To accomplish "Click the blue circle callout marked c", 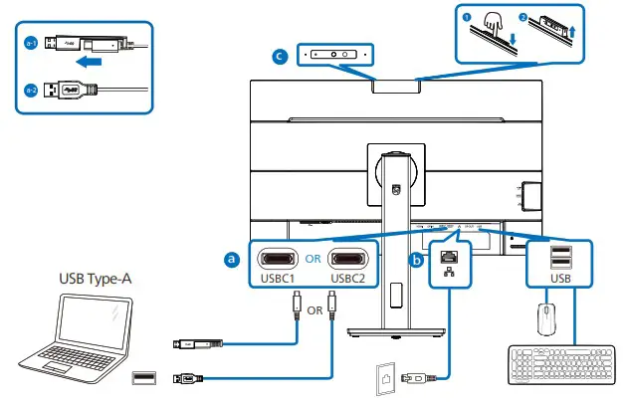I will pos(282,57).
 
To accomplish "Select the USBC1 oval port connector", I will pos(278,258).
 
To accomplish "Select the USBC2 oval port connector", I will pos(348,258).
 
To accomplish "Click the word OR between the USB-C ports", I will pos(313,258).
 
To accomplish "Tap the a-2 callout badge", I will pos(30,91).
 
